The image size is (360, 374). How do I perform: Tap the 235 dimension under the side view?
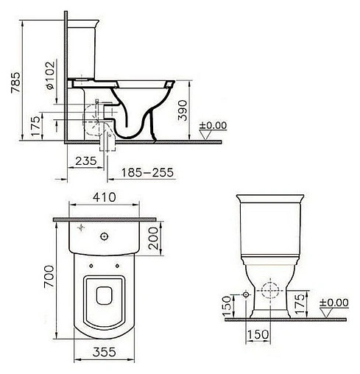pos(87,160)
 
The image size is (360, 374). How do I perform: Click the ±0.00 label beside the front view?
pos(333,302)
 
